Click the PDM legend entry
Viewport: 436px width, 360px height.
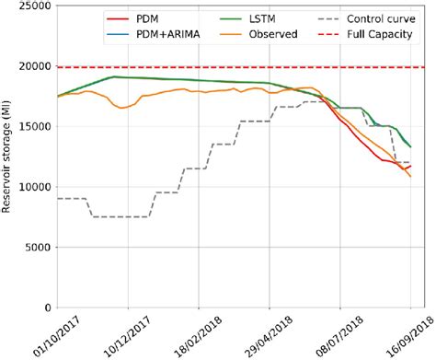tap(147, 17)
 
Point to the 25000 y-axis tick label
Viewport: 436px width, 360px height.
tap(32, 6)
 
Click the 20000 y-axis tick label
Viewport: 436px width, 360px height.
tap(32, 66)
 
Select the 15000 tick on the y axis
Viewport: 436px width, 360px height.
tap(32, 127)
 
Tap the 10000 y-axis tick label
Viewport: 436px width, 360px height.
tap(32, 187)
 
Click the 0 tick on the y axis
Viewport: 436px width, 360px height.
tap(46, 308)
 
